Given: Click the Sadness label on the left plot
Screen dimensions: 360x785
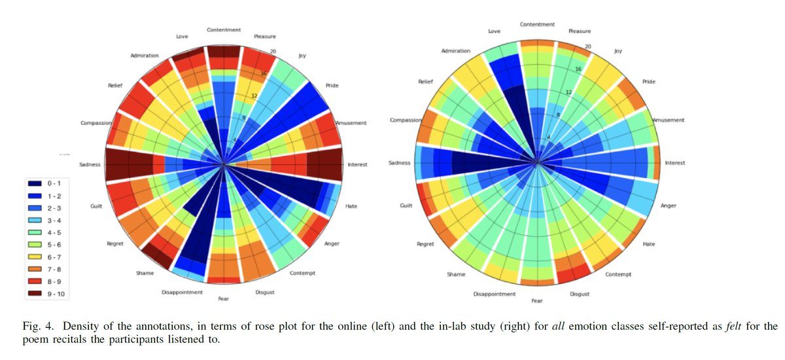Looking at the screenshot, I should [x=89, y=164].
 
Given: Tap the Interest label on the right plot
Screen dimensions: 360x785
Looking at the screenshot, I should [x=674, y=163].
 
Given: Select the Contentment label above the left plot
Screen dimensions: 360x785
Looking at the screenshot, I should [x=224, y=29].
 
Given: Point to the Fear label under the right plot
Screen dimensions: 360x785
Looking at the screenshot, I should [x=537, y=300].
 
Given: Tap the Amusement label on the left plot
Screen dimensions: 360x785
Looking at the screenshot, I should [x=351, y=123].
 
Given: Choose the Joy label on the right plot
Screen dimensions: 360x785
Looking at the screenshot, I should [x=618, y=51].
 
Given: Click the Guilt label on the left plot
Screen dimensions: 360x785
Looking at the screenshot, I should [x=96, y=206].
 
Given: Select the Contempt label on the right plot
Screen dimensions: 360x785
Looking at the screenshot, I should [x=618, y=274].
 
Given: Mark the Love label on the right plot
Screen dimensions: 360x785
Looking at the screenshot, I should [x=494, y=31].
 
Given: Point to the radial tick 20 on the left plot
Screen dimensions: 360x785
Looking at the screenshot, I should [x=273, y=52].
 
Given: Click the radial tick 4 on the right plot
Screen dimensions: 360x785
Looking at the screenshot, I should [x=548, y=138].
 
